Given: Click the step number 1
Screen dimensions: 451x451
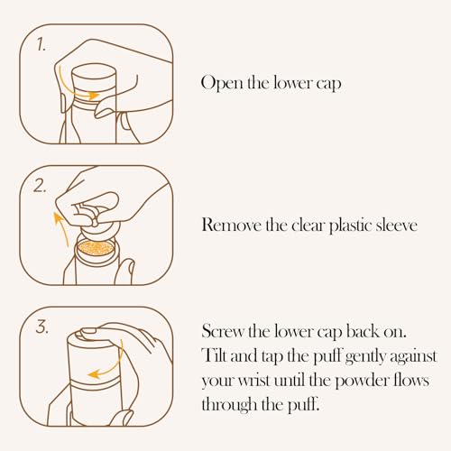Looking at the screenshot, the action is coord(41,44).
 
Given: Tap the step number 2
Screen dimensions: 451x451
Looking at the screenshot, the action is coord(40,186).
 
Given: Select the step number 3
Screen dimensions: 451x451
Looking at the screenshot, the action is coord(42,327).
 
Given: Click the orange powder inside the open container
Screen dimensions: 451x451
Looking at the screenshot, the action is coord(96,248).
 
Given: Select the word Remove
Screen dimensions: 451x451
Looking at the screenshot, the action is coord(231,225).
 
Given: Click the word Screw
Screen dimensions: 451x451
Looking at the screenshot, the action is coord(223,331).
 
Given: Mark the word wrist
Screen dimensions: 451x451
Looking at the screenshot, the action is coord(253,381).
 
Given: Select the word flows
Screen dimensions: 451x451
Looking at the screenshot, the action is coord(411,381).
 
